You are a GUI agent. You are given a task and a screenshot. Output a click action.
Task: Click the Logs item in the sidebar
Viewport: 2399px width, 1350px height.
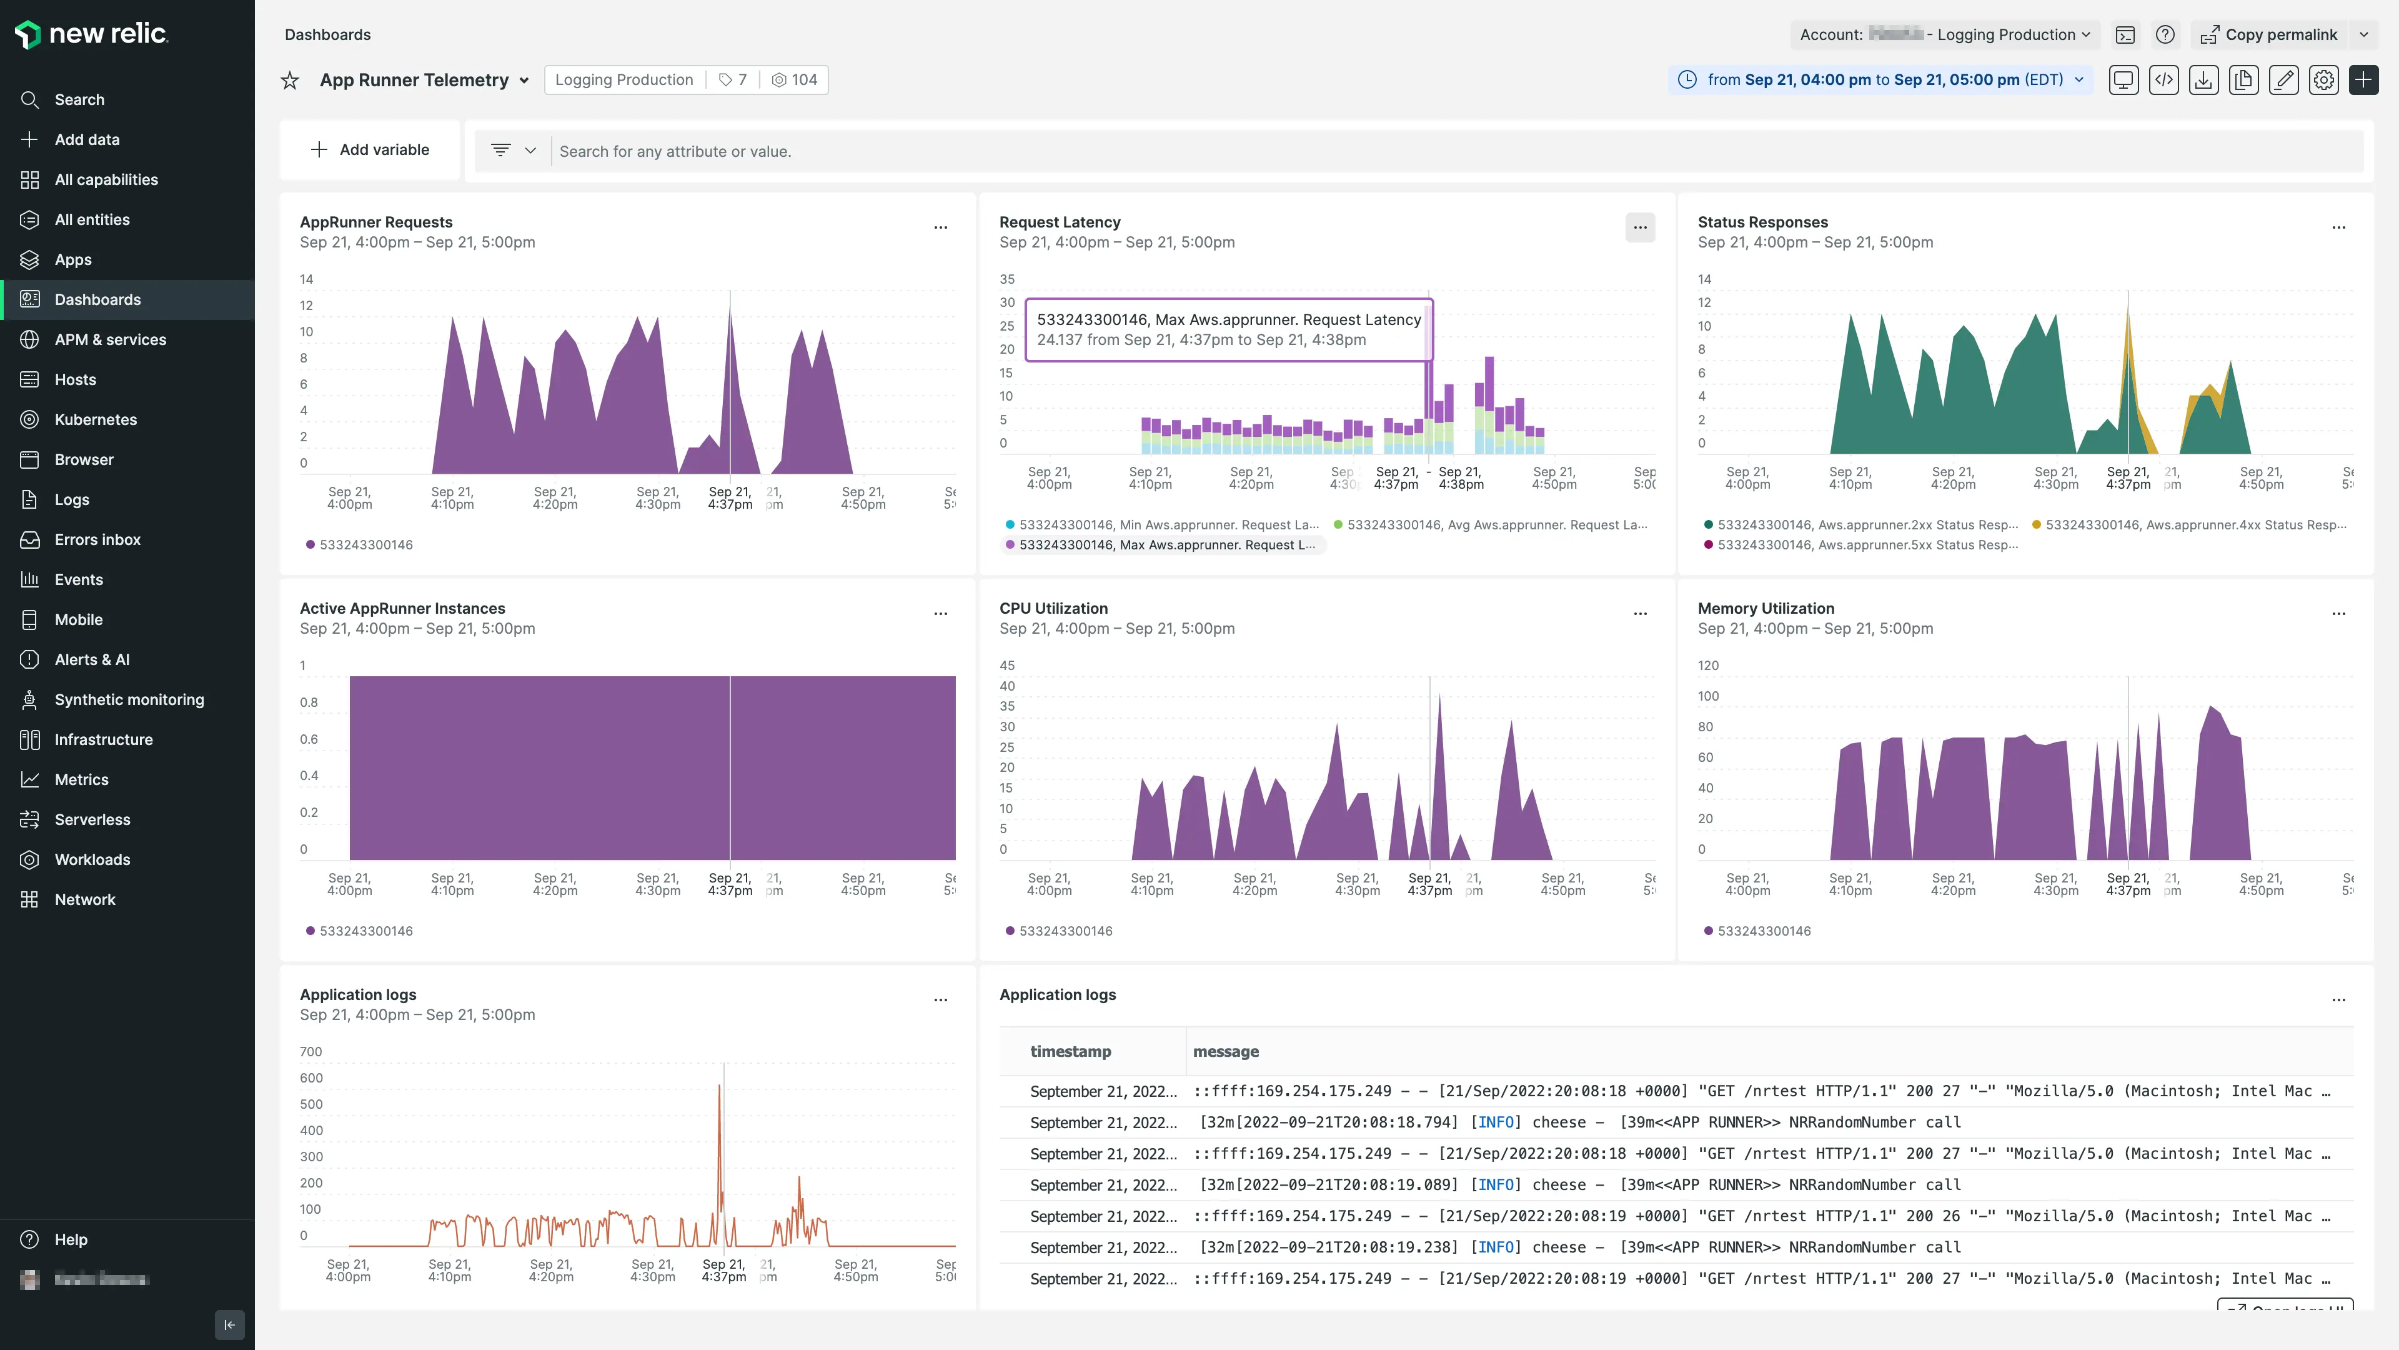click(x=72, y=499)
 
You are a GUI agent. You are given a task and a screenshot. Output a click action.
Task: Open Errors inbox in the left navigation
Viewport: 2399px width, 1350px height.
click(x=97, y=539)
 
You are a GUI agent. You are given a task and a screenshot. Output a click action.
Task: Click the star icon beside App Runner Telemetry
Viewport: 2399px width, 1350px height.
click(x=290, y=80)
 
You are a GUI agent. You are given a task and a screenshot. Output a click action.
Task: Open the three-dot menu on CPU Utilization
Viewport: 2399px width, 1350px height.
click(x=1640, y=613)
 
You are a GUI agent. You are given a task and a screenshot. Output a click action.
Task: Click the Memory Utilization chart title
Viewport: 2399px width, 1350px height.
click(x=1765, y=608)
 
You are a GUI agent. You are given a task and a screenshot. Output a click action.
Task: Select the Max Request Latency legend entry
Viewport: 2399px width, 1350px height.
click(x=1166, y=545)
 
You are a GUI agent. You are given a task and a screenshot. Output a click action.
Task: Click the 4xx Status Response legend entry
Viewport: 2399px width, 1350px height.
click(x=2194, y=524)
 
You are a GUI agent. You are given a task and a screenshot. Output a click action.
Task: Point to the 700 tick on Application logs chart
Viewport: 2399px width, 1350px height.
click(x=310, y=1052)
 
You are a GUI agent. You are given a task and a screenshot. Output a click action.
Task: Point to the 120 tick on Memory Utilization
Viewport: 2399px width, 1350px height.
click(x=1708, y=665)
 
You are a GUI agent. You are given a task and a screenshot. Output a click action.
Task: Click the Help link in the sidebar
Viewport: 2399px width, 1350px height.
click(x=71, y=1239)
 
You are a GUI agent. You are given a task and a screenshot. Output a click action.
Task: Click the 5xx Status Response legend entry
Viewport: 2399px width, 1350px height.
click(x=1865, y=545)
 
